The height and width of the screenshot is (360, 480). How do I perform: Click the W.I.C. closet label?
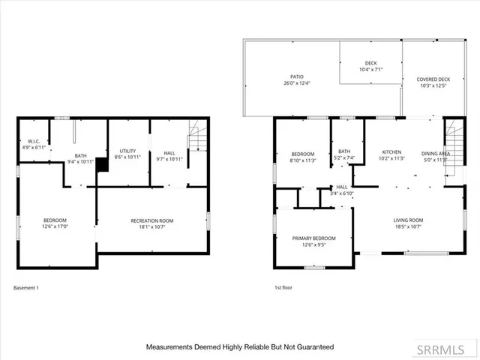[x=34, y=141]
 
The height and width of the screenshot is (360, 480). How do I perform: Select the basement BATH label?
[x=80, y=155]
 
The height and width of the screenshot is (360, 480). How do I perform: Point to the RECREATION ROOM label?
[x=152, y=220]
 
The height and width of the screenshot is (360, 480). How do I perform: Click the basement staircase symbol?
[x=196, y=139]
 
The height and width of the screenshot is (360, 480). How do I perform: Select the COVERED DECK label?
[x=433, y=79]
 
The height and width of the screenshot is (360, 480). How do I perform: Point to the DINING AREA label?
[x=436, y=152]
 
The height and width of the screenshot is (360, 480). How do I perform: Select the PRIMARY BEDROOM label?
[x=314, y=238]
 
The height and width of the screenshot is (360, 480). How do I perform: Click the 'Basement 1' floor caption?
[x=26, y=288]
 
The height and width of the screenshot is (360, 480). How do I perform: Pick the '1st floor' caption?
[x=283, y=288]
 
